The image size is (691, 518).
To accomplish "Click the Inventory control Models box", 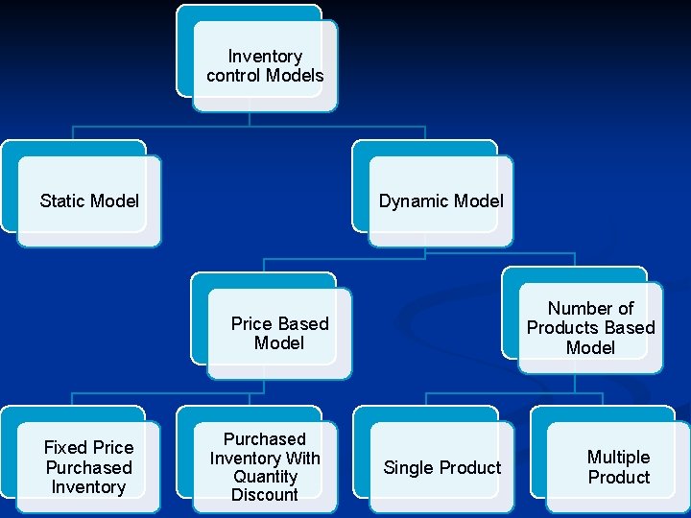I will (x=265, y=65).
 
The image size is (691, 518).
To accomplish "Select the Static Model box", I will (x=89, y=200).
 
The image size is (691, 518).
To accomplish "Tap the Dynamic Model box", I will (x=441, y=200).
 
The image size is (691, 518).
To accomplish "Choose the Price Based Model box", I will (x=279, y=333).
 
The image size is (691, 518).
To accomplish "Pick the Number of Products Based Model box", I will (x=590, y=327).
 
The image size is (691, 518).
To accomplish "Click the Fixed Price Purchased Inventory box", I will (x=88, y=467).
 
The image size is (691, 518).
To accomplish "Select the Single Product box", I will (x=441, y=467).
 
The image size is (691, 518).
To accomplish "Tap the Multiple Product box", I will (x=618, y=467).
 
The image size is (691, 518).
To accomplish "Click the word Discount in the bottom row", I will (x=265, y=495).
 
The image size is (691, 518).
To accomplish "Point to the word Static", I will (x=62, y=200).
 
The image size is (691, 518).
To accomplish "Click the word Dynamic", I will (x=414, y=200).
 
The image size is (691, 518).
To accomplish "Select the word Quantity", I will (x=265, y=477).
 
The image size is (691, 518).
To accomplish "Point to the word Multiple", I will (x=618, y=458).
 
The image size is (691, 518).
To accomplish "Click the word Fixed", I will (x=65, y=448).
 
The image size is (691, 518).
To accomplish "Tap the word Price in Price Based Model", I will (x=252, y=323).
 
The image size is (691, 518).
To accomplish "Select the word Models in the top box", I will (x=293, y=75).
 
